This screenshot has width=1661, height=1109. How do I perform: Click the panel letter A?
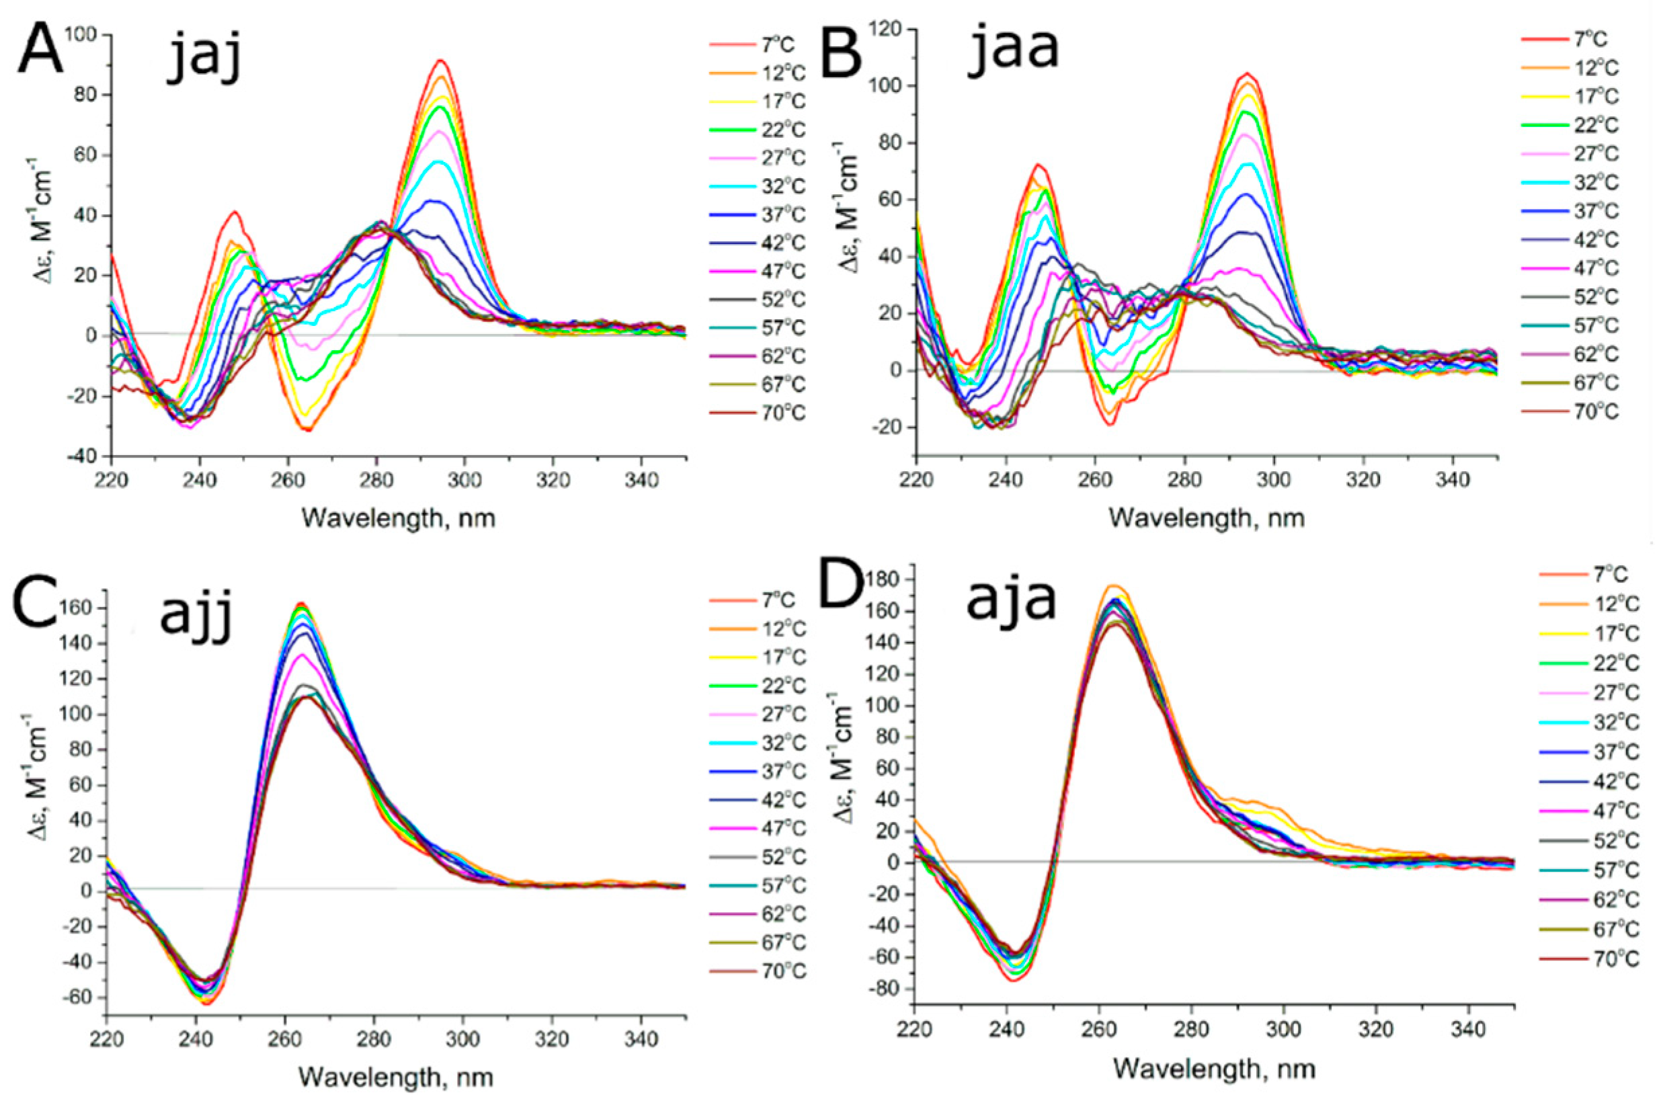pos(40,51)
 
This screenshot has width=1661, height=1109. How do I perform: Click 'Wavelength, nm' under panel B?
pos(1206,518)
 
